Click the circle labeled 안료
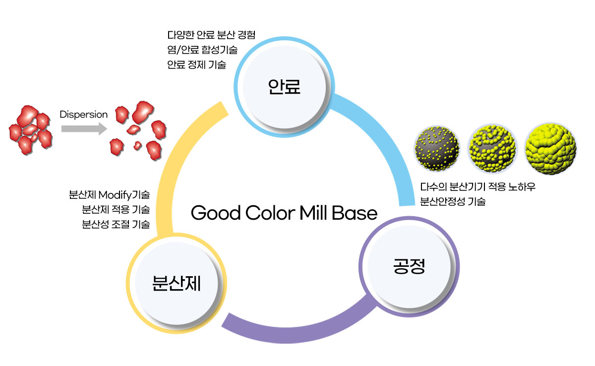284,87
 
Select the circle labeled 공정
409,266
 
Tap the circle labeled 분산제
177,283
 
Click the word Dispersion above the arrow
83,115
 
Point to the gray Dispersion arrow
84,129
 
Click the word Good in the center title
216,213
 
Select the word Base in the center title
355,213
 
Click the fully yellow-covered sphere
551,148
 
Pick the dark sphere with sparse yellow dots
437,148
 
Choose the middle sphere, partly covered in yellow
493,148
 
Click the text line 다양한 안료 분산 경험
211,35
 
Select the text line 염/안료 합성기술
202,50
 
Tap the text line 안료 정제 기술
196,64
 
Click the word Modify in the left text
115,195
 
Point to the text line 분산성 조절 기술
116,225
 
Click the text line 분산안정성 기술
453,201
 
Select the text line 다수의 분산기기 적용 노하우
477,186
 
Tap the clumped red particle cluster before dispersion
31,130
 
